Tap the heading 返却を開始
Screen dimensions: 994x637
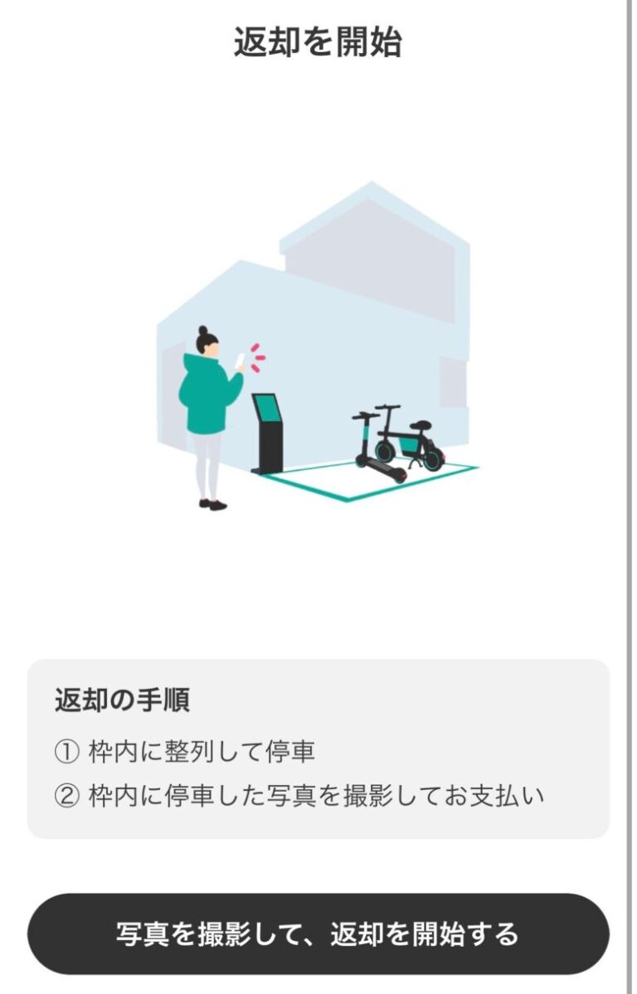point(318,42)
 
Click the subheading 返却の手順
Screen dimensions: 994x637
point(122,701)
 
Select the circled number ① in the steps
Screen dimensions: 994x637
point(66,753)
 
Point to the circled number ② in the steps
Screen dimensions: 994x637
point(66,797)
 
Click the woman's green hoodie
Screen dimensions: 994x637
point(205,395)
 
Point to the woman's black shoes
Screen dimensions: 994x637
point(213,503)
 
